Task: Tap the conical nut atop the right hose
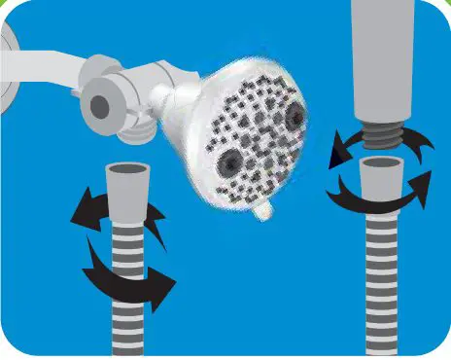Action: [x=382, y=180]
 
